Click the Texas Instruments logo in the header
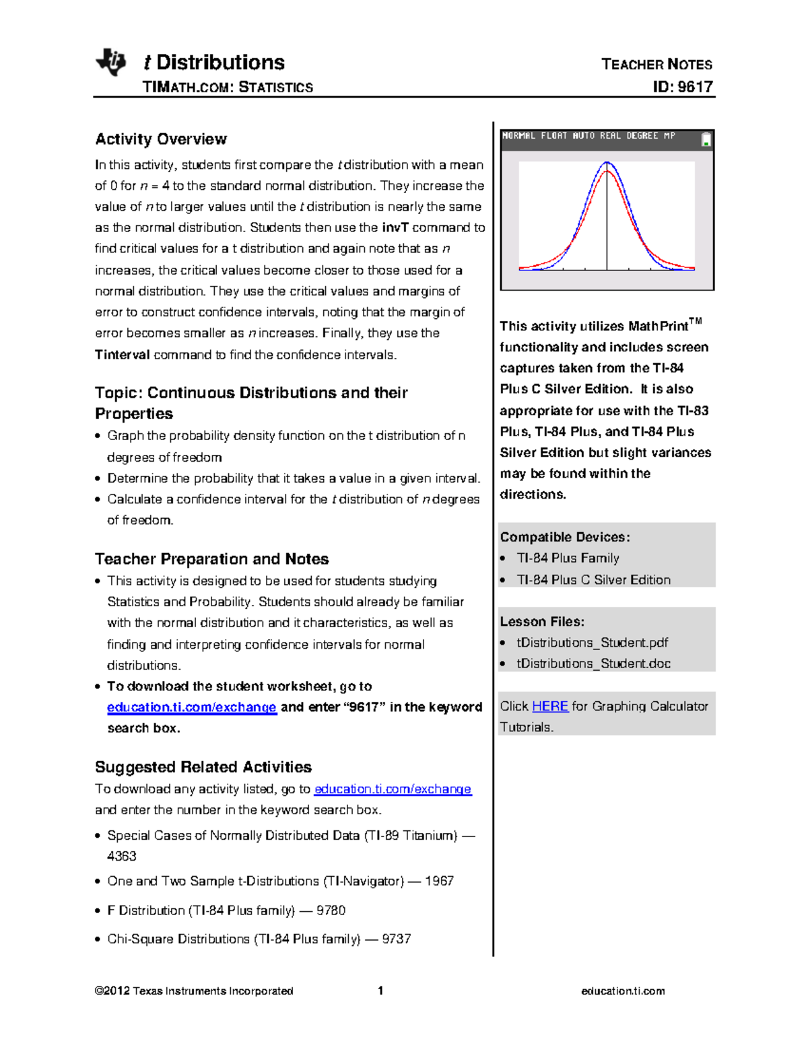(111, 63)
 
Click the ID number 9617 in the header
(694, 87)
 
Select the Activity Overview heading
(161, 139)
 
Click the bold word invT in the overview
(395, 227)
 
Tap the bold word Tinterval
(122, 355)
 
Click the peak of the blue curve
(607, 162)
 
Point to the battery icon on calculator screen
(706, 139)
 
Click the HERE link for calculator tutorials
(549, 706)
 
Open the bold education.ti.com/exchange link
(192, 707)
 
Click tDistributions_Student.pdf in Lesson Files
(592, 643)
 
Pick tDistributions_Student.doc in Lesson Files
(593, 663)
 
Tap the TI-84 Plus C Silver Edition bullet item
(593, 579)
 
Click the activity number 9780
(331, 910)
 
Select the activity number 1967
(439, 881)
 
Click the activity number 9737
(396, 939)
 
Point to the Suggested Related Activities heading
(203, 767)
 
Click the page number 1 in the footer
(380, 990)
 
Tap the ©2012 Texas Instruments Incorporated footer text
(194, 991)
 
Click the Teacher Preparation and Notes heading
(211, 559)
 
